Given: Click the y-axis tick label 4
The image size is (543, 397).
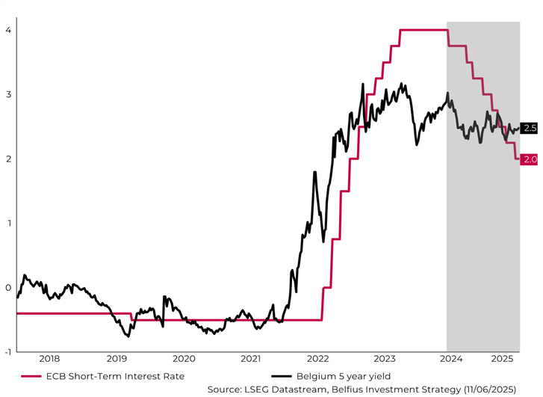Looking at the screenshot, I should tap(7, 30).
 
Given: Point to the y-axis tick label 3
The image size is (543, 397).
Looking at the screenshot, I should tap(7, 94).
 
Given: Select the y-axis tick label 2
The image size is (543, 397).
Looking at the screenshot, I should tap(7, 159).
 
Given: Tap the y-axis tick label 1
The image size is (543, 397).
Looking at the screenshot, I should tap(7, 223).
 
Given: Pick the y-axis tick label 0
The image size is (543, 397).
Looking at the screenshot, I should tap(7, 288).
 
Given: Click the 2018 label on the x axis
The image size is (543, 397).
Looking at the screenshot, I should tap(49, 359).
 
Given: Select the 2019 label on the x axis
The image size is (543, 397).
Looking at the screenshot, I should tap(117, 359).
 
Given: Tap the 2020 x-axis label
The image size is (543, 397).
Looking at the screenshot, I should tap(184, 359).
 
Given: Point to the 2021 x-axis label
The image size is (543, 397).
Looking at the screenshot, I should tap(251, 359).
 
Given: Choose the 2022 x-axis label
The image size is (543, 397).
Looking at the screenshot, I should tap(317, 359).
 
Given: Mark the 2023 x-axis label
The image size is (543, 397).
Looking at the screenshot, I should tap(385, 359).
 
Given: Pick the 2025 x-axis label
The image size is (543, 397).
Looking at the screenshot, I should tap(506, 359).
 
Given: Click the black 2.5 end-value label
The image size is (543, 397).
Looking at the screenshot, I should tap(529, 129).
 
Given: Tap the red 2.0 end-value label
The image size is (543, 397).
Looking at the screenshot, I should tap(529, 159).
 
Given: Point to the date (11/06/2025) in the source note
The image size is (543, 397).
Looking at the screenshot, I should tap(501, 389).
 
